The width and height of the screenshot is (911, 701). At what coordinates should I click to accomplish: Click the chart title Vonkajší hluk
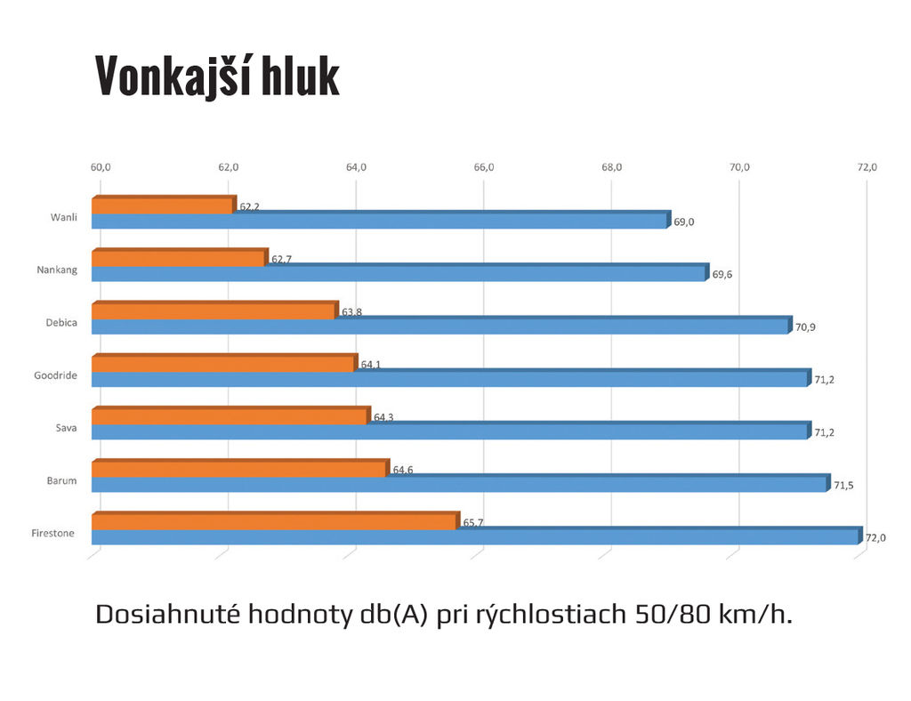(217, 77)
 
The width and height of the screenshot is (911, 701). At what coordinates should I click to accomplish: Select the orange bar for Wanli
(163, 205)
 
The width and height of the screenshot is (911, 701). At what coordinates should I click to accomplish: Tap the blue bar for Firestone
(476, 536)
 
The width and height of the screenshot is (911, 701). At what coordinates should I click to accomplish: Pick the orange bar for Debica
(214, 310)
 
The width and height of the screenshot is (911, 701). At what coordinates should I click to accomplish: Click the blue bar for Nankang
(399, 274)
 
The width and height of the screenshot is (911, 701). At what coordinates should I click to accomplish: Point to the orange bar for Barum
(238, 469)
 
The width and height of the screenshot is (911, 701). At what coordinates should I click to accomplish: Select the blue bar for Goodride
(450, 379)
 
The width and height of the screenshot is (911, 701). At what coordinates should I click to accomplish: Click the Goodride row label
(54, 375)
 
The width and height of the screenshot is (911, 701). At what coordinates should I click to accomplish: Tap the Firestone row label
(52, 534)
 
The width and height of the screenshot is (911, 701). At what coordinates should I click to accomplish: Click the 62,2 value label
(249, 206)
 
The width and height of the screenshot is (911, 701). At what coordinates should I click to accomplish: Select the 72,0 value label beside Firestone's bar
(876, 537)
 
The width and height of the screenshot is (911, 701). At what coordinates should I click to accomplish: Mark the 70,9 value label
(805, 326)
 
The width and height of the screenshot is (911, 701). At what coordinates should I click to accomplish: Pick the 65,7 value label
(473, 523)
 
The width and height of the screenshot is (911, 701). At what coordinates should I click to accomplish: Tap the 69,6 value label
(722, 274)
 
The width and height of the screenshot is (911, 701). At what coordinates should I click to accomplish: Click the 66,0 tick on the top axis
(484, 167)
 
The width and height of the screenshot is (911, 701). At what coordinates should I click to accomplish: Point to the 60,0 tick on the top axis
(101, 167)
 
